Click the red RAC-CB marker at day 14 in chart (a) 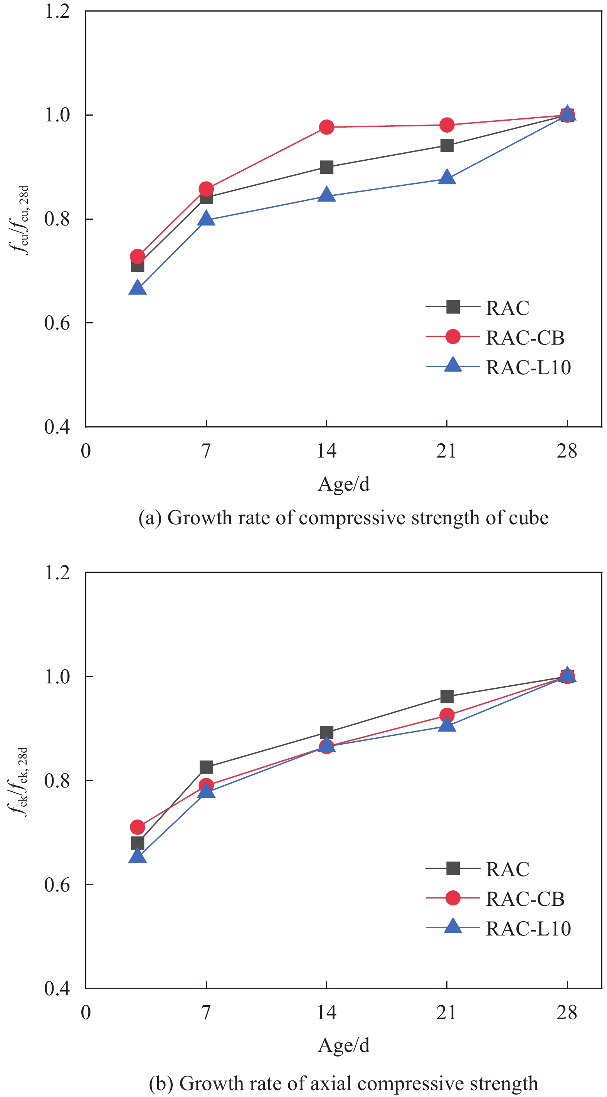click(x=326, y=127)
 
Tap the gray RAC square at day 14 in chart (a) click(x=326, y=167)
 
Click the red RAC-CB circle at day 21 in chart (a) click(x=447, y=125)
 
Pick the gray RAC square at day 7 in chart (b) click(x=206, y=767)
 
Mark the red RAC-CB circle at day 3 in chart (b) click(x=137, y=827)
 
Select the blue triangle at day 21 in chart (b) click(x=447, y=724)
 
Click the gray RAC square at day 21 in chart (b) click(x=447, y=697)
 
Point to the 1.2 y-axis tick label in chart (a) click(x=57, y=11)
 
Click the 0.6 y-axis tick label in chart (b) click(x=57, y=885)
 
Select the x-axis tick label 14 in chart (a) click(x=326, y=451)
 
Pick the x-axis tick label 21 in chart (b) click(x=447, y=1012)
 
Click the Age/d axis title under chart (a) click(x=343, y=484)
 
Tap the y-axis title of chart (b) click(x=19, y=782)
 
